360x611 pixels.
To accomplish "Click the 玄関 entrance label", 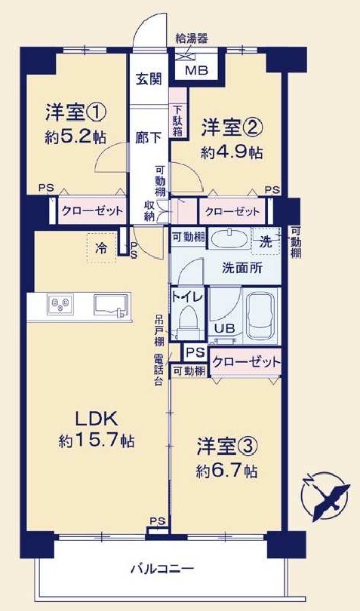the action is [x=148, y=79].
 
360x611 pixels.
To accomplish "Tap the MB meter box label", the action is [x=197, y=71].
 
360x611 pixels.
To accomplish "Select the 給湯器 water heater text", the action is [x=192, y=38].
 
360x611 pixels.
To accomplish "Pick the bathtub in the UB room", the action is [x=262, y=315].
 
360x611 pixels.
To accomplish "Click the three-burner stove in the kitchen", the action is [x=60, y=304].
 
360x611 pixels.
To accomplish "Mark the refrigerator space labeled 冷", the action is [x=101, y=248].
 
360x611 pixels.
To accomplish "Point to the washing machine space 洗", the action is [x=266, y=241].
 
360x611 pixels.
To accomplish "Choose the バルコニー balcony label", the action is [x=162, y=570].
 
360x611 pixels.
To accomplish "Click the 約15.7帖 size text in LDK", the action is [x=97, y=441].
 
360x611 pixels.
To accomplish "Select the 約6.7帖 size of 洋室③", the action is [x=226, y=471].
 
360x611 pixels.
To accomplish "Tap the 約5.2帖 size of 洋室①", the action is [x=75, y=137].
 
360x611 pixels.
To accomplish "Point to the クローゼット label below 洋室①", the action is [x=92, y=210].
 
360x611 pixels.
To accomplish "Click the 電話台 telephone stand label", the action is [x=158, y=370].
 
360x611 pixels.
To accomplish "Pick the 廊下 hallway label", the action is [x=148, y=137].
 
